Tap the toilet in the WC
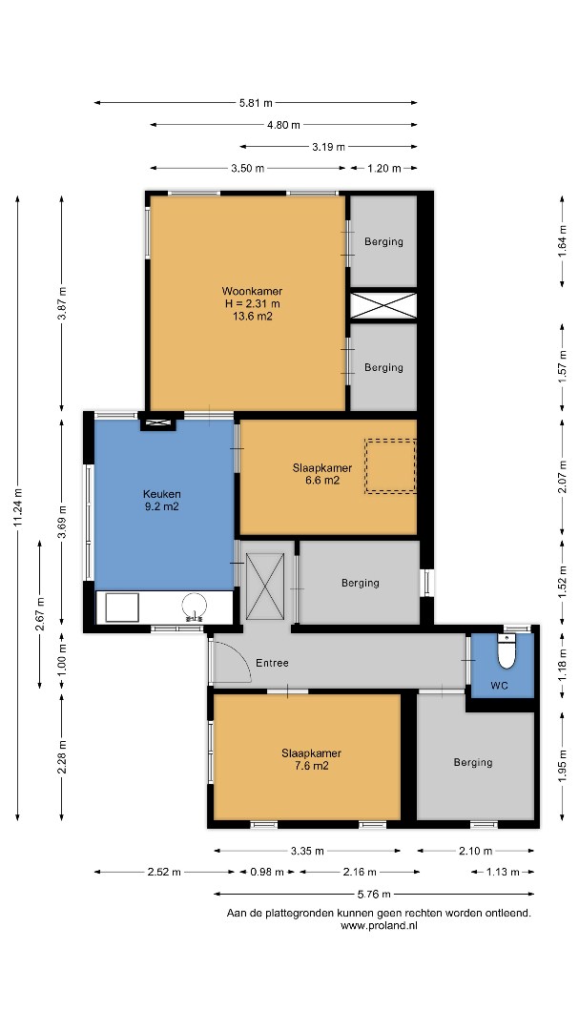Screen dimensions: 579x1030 coord(507,650)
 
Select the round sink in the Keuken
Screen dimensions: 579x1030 coord(195,607)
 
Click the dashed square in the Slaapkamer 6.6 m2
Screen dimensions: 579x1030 coord(391,465)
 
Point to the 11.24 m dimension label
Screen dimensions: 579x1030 coord(18,506)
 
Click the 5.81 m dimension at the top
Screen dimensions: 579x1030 coord(256,102)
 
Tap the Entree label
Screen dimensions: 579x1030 coord(272,663)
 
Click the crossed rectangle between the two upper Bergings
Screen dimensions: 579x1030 coord(383,305)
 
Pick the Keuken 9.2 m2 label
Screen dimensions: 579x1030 coord(161,500)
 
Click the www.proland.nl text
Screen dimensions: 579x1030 coord(380,925)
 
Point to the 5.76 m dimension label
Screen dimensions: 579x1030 coord(374,894)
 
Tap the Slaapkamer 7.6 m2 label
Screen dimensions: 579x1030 coord(312,759)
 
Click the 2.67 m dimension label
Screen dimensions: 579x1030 coord(40,613)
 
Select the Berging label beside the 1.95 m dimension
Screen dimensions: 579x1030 coord(472,762)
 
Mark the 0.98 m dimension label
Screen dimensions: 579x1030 coord(267,872)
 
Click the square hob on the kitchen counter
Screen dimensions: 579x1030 coord(122,608)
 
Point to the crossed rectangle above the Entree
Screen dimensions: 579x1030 coord(265,586)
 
